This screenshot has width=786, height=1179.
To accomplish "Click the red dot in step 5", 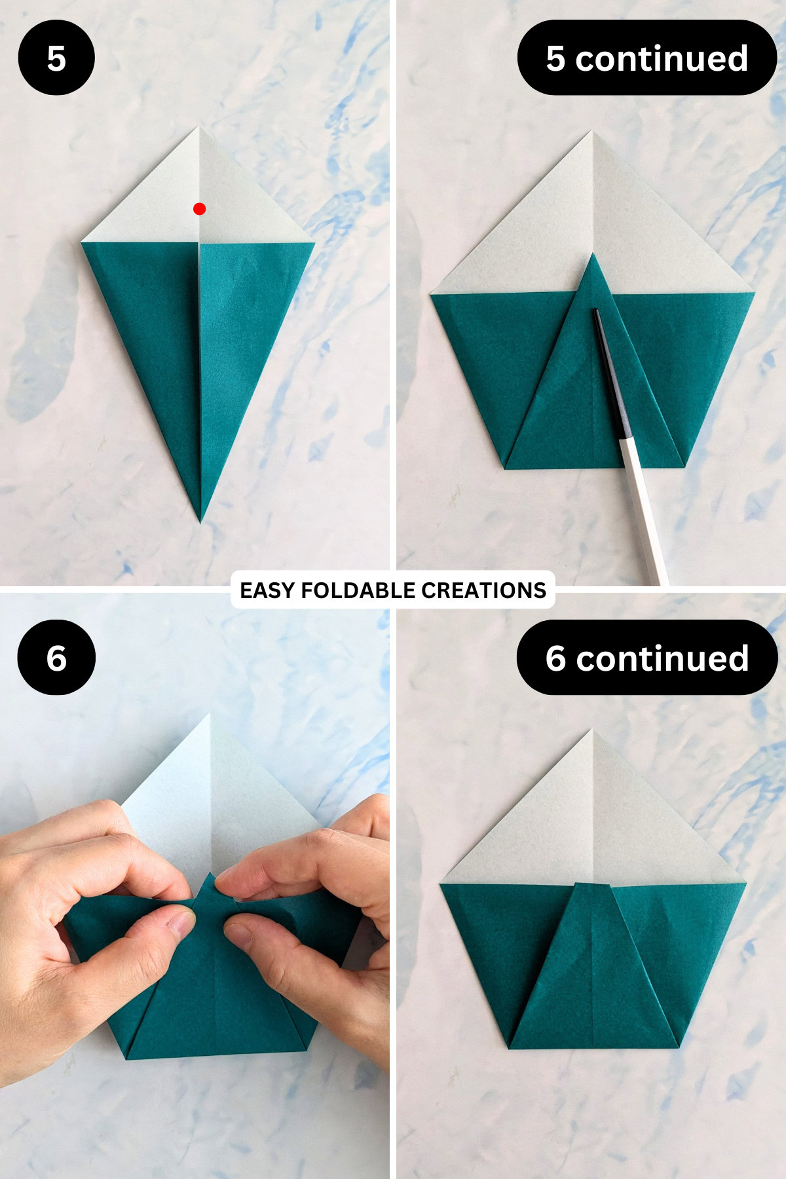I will tap(200, 209).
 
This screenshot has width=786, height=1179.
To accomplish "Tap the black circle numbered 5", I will tap(56, 58).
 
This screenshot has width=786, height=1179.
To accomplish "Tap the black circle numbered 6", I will tap(56, 658).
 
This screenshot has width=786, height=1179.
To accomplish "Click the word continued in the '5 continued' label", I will tap(662, 58).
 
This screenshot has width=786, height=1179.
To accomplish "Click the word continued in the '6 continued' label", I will tap(662, 658).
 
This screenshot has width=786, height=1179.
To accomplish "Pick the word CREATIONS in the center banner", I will tap(483, 590).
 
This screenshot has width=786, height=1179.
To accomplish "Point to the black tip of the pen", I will tap(597, 314).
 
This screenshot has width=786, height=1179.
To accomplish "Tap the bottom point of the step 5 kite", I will tap(201, 521).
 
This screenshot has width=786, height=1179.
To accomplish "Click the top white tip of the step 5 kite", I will tap(198, 129).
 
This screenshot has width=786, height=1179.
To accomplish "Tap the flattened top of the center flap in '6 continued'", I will tap(593, 886).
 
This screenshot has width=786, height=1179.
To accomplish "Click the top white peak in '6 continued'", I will tap(593, 731).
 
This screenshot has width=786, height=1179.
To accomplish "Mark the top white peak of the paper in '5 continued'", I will tap(593, 133).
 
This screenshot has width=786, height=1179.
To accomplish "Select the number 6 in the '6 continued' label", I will tap(555, 658).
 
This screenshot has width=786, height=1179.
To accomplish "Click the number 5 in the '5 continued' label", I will tap(555, 58).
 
